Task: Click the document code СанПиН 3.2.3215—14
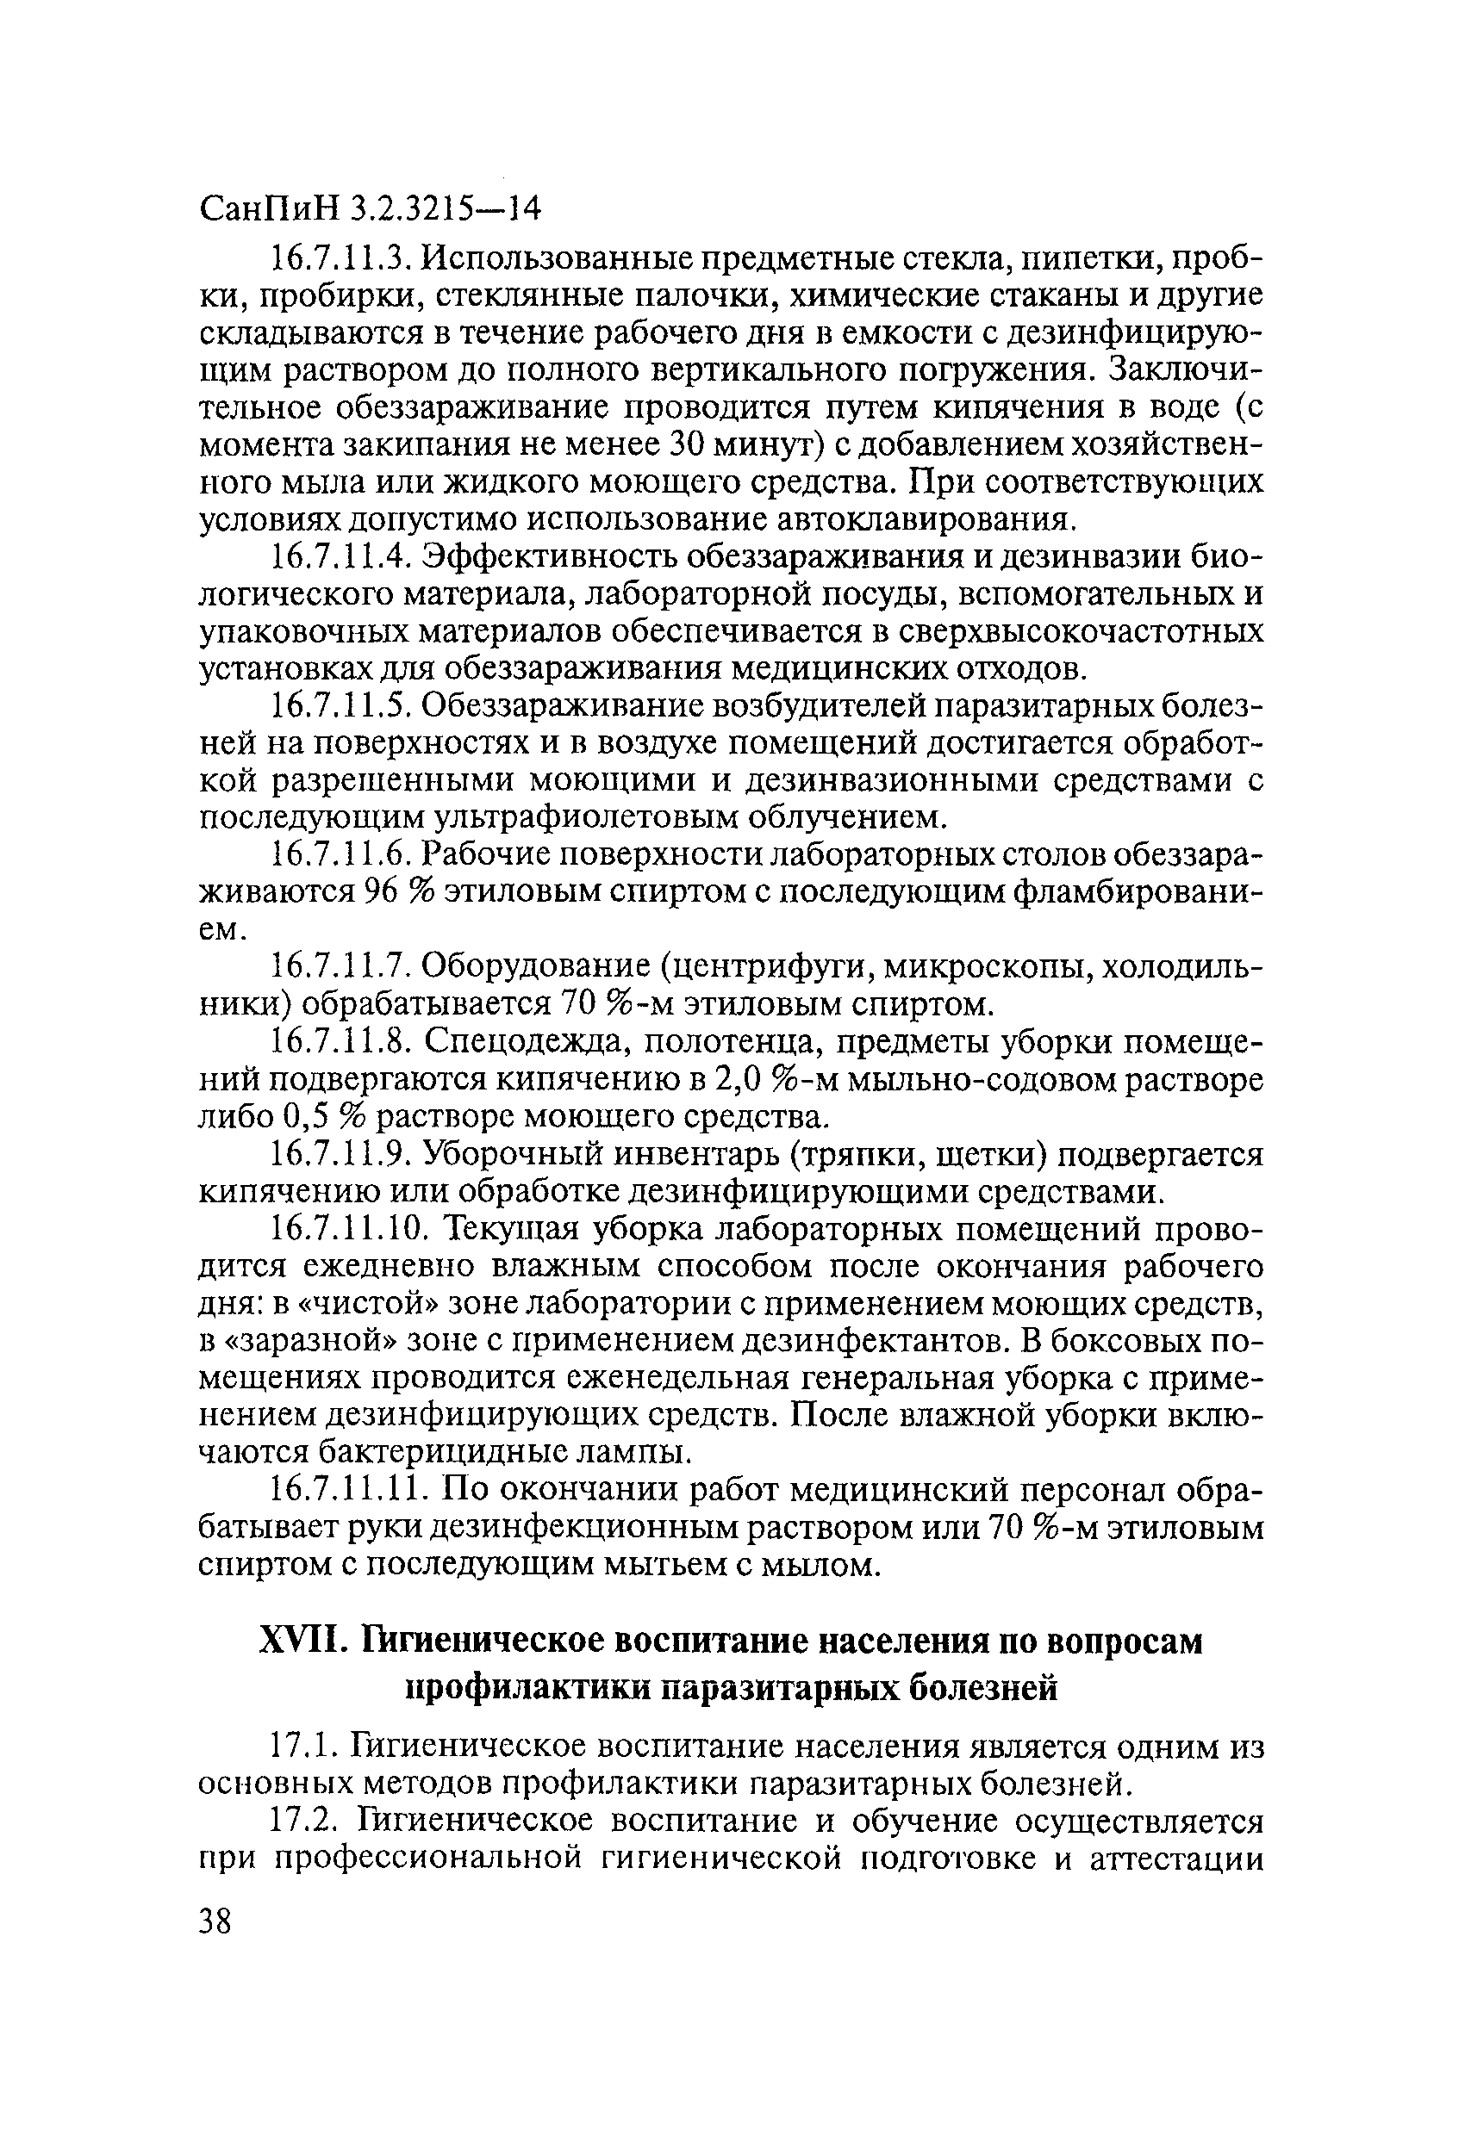(x=370, y=210)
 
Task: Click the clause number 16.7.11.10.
(x=350, y=1228)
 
